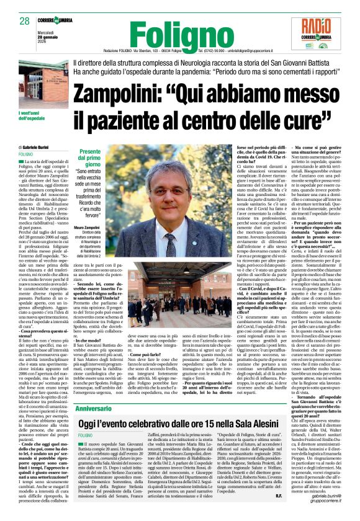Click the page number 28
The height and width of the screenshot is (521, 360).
tap(25, 22)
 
